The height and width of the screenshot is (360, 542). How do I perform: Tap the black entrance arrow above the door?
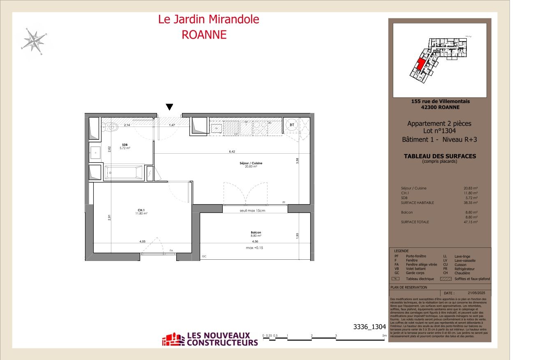click(169, 107)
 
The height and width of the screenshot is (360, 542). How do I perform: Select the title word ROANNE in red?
click(204, 35)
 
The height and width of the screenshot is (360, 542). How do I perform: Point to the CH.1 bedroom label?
click(141, 211)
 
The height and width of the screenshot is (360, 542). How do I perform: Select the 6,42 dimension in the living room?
click(232, 152)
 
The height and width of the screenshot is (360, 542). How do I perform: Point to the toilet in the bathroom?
click(110, 127)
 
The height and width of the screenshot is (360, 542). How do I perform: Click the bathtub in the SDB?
click(123, 172)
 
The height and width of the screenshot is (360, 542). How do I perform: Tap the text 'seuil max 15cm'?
click(252, 210)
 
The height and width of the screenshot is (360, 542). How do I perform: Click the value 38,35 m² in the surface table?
click(471, 203)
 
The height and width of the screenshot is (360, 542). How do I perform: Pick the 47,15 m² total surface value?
click(471, 222)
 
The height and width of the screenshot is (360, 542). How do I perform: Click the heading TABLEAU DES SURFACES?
click(440, 156)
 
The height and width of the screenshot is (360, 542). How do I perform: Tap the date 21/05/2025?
click(476, 293)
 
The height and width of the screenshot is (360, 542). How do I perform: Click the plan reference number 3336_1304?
click(369, 327)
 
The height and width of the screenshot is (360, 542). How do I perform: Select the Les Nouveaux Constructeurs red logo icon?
click(173, 339)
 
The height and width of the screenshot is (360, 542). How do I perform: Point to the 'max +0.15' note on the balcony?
click(255, 248)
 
